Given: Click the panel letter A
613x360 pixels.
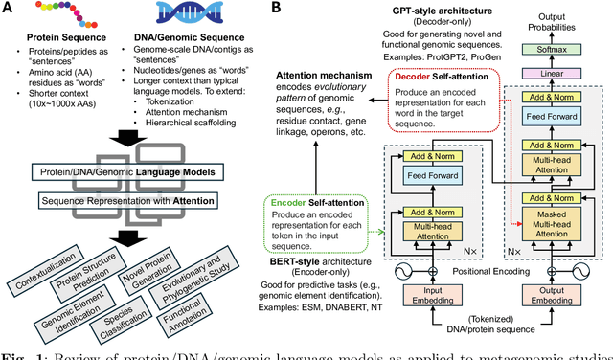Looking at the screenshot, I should [x=9, y=9].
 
